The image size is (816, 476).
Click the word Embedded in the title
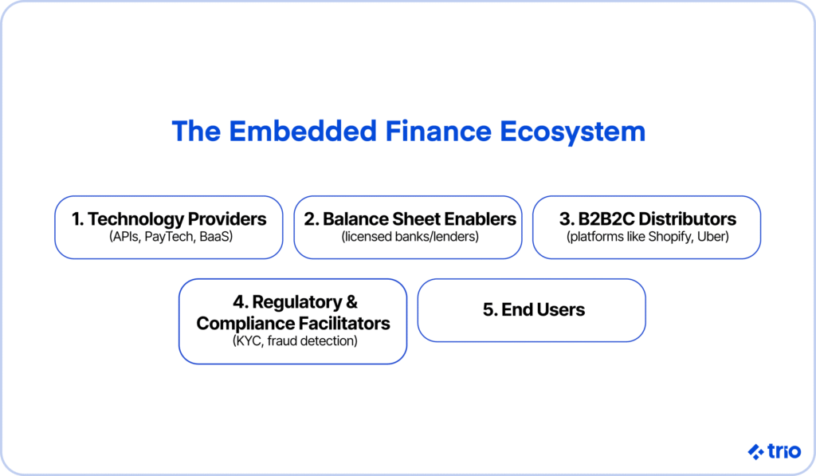point(302,131)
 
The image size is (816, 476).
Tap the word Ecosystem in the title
point(572,132)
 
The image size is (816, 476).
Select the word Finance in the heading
point(438,131)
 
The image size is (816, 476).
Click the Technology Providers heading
point(169,219)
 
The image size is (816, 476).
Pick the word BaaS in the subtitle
point(216,237)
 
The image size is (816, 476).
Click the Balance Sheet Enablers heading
point(410,219)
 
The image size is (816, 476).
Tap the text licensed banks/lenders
point(410,237)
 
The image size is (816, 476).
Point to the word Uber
point(712,237)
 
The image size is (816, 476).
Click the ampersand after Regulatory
point(351,302)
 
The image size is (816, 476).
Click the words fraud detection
point(312,341)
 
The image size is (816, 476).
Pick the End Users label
point(533,310)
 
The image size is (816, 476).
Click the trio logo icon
point(755,451)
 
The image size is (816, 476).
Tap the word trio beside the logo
point(784,451)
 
